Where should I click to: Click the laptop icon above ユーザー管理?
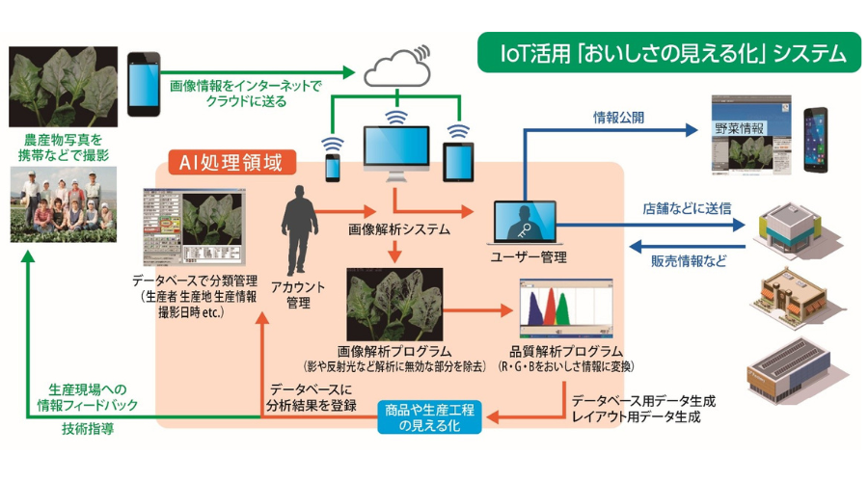[x=522, y=225]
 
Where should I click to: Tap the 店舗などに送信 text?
[x=685, y=207]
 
